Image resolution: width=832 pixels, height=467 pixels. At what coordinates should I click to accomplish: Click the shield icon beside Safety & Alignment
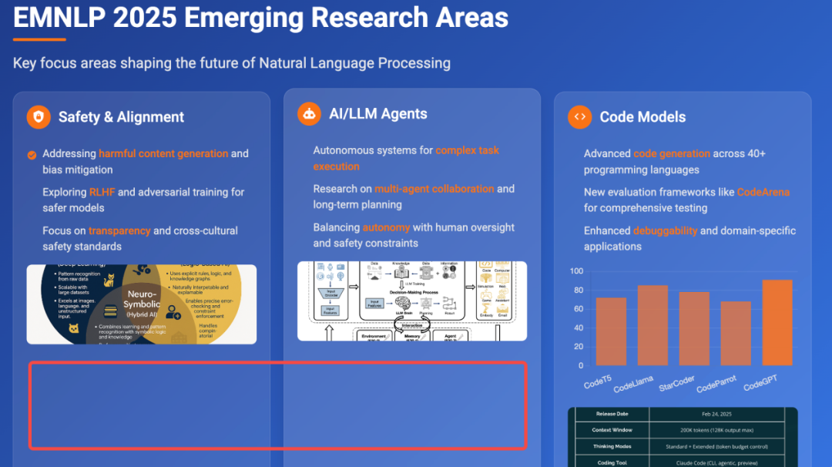pos(39,117)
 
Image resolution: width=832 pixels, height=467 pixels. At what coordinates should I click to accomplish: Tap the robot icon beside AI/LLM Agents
pos(309,114)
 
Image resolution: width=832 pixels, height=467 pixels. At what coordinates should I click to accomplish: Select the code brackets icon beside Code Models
pos(579,117)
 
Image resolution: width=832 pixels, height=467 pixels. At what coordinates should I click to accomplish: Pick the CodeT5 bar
pos(611,331)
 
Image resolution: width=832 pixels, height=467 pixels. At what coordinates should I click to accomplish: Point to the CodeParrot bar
pos(735,333)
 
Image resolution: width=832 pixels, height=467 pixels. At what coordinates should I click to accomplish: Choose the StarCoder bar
pos(693,328)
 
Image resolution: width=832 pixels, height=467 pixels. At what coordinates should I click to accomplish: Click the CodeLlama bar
pos(653,325)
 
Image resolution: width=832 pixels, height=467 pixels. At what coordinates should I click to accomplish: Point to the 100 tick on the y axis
pos(576,271)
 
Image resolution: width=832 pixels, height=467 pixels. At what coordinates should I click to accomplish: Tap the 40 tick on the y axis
pos(579,328)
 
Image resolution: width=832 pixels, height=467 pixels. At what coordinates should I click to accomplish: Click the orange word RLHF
pos(102,192)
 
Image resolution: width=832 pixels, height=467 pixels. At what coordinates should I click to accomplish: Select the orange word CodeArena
pos(763,192)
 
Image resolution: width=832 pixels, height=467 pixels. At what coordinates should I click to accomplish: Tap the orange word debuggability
pos(665,230)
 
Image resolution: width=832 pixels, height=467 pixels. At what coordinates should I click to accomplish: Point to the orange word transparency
pos(119,230)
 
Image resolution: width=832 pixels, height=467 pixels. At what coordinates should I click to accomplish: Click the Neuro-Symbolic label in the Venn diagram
pos(142,299)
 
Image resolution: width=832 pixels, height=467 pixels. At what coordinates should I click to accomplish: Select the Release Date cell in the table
pos(612,414)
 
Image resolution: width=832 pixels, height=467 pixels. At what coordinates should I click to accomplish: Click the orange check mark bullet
pos(32,154)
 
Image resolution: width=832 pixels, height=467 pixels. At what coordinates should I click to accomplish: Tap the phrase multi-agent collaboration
pos(434,189)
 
